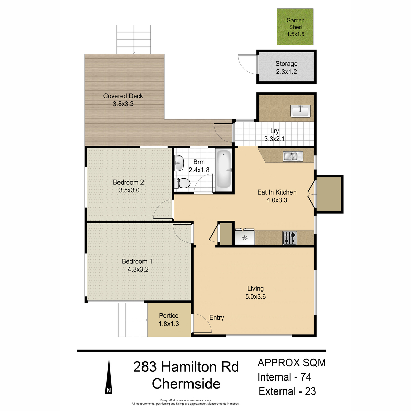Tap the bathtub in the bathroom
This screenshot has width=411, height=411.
click(224, 171)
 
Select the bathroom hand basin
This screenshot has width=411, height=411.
click(179, 163)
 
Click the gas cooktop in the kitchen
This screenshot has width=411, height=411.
click(289, 238)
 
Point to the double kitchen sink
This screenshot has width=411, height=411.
click(293, 156)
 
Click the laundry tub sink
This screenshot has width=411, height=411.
click(300, 111)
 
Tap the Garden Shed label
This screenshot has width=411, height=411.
click(295, 24)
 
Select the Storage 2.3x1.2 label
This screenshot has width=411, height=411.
click(286, 67)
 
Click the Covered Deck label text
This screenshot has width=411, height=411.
click(123, 96)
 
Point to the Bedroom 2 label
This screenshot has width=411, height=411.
click(128, 182)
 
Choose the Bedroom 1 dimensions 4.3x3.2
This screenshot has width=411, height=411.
click(138, 269)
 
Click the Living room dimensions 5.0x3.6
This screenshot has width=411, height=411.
click(256, 297)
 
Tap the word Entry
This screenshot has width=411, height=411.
click(216, 317)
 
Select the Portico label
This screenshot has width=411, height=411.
click(169, 316)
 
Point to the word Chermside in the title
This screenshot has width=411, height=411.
click(186, 384)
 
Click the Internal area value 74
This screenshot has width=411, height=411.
click(306, 377)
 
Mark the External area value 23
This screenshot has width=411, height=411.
click(310, 391)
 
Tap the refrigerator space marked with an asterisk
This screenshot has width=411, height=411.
click(245, 237)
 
